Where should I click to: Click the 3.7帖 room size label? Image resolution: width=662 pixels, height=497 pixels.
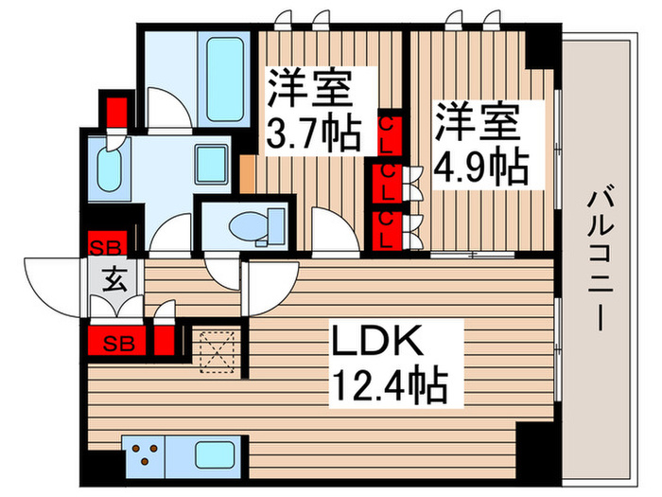coord(313,133)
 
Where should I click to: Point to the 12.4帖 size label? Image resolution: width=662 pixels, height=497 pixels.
coord(389,385)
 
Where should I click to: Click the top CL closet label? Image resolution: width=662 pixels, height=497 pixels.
coord(387,126)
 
